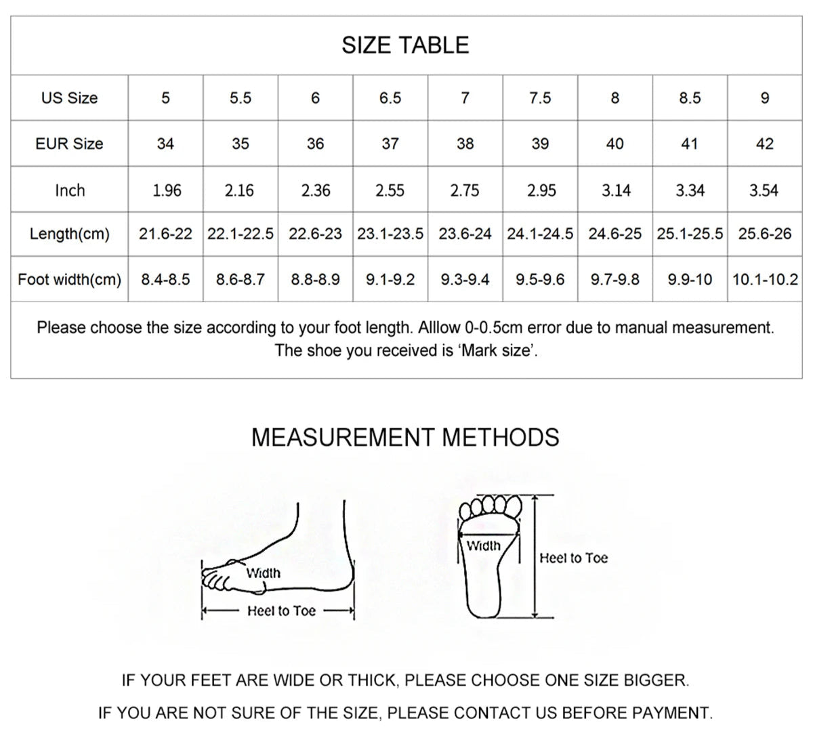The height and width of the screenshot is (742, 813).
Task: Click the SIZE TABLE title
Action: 405,45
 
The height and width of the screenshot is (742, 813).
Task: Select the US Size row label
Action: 69,98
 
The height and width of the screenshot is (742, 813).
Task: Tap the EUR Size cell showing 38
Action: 465,144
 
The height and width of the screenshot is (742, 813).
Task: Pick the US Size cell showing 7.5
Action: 540,98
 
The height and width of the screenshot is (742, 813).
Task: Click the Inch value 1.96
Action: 167,190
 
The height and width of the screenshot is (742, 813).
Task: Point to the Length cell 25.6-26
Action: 764,234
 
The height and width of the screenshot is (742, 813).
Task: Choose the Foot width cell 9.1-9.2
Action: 390,279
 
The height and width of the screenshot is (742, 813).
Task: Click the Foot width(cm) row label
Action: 69,279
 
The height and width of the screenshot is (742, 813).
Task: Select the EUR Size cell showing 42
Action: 764,144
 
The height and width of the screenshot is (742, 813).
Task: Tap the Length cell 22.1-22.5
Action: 241,234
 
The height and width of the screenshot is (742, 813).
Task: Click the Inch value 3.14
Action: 616,190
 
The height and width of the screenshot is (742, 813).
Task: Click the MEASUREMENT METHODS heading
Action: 405,438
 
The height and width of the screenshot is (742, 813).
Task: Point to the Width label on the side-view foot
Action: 263,573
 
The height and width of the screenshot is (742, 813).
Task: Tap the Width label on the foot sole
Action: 484,546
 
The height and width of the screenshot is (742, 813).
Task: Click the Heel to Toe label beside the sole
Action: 573,558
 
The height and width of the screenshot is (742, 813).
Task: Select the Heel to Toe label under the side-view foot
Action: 281,611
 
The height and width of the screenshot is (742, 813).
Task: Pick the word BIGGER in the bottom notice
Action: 654,680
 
